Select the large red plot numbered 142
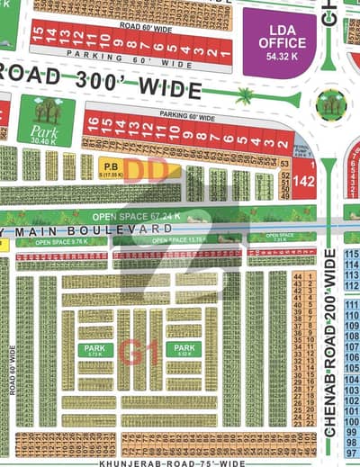(x=304, y=181)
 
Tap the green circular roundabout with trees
(x=330, y=105)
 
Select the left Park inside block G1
(x=94, y=350)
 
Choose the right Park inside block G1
(x=185, y=350)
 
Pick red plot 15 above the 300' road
(x=37, y=36)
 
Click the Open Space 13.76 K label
(x=175, y=240)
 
